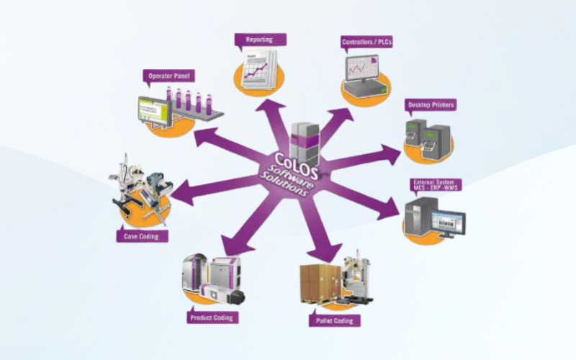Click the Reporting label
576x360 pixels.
[259, 40]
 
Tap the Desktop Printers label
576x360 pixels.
[431, 105]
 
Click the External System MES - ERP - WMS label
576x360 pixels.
[436, 185]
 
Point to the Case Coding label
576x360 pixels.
[141, 235]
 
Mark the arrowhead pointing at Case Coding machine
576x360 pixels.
[179, 193]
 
